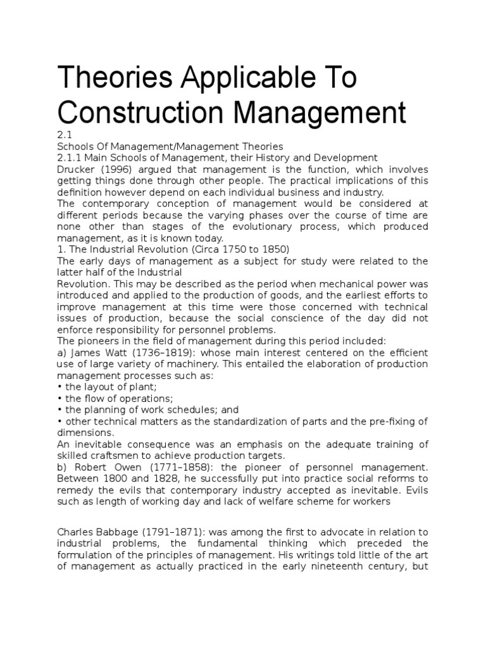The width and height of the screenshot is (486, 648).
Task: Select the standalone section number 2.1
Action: tap(64, 134)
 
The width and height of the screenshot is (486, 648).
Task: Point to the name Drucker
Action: tap(76, 170)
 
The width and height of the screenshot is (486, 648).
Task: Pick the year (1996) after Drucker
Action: tap(117, 170)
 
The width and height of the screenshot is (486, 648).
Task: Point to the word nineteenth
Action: tap(335, 566)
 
